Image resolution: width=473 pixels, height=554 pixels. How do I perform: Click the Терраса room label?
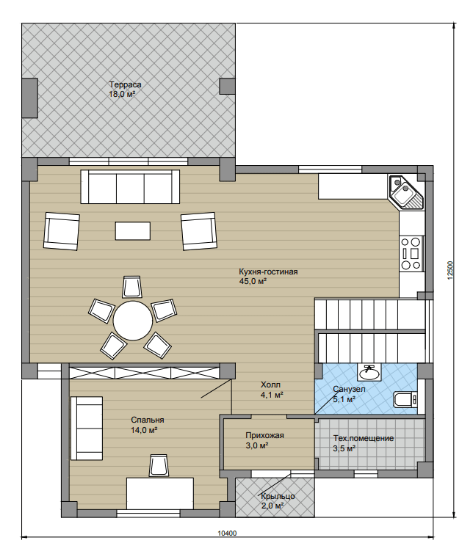(126, 85)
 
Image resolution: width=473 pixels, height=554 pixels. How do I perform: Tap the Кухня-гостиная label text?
(268, 271)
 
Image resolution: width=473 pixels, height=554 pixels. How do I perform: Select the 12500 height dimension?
(450, 270)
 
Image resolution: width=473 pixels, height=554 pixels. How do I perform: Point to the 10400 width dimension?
(227, 533)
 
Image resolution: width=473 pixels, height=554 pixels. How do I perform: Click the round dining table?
(133, 321)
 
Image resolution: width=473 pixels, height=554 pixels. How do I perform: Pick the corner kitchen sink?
(406, 192)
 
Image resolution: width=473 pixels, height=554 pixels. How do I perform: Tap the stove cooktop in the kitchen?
(411, 254)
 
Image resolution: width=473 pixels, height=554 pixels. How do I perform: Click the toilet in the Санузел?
(405, 399)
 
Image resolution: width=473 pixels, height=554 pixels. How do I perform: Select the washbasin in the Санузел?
(369, 372)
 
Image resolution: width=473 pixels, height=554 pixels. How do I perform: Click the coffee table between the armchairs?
(133, 230)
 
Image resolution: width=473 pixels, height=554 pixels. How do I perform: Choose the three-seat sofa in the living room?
(130, 186)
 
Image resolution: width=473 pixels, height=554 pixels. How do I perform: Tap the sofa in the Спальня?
(87, 429)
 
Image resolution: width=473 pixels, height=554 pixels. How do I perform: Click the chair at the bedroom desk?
(158, 465)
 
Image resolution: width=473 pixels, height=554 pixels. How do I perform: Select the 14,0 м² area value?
(144, 430)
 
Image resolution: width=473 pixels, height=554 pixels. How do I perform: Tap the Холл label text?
(270, 384)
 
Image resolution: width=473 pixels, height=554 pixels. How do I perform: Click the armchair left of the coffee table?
(62, 231)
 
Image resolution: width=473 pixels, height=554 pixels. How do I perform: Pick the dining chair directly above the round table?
(132, 287)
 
